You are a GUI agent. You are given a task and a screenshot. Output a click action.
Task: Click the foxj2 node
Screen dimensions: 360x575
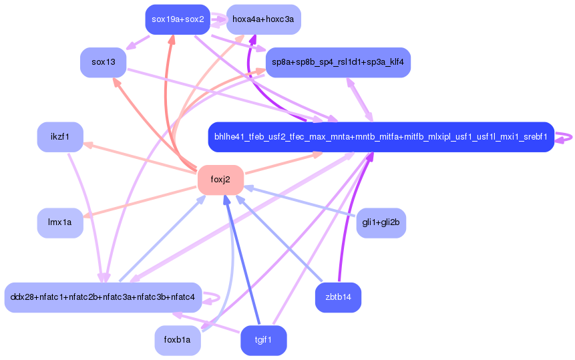(220, 179)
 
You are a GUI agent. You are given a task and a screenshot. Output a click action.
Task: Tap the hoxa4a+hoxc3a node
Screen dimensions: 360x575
(263, 19)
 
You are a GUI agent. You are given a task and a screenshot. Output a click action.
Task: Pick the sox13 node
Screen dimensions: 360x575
(104, 62)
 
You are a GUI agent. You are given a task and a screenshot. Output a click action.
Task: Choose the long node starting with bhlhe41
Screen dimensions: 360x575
(381, 137)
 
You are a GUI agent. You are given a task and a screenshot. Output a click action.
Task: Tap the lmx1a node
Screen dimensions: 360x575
(60, 222)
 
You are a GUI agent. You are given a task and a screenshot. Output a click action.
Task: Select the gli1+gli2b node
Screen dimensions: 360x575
(381, 222)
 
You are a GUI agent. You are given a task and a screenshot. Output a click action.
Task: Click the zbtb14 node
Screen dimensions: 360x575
(338, 297)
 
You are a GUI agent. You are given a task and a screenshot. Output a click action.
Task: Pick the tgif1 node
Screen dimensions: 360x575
(263, 340)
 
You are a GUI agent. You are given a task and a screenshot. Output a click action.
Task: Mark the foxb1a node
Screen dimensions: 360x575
(178, 340)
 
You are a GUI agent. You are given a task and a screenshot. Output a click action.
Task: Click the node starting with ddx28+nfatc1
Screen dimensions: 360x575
(103, 297)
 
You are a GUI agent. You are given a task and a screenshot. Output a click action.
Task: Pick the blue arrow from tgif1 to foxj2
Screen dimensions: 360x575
(243, 260)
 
